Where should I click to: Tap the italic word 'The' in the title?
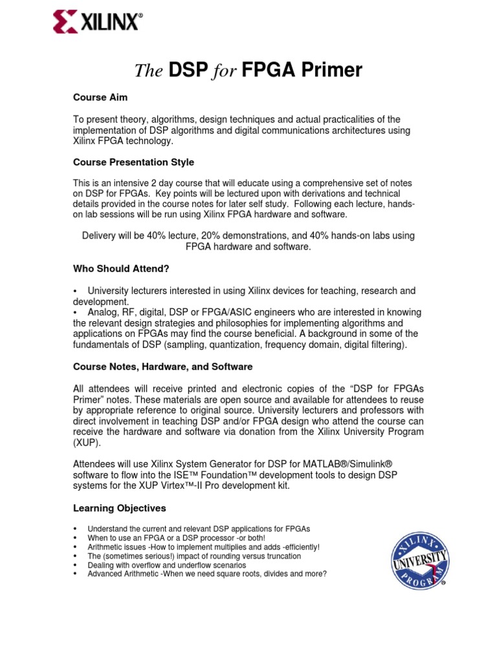[x=148, y=71]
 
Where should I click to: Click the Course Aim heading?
[x=100, y=97]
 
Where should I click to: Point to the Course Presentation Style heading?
[x=133, y=162]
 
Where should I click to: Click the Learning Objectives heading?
[x=119, y=508]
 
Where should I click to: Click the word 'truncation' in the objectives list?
[x=279, y=556]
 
